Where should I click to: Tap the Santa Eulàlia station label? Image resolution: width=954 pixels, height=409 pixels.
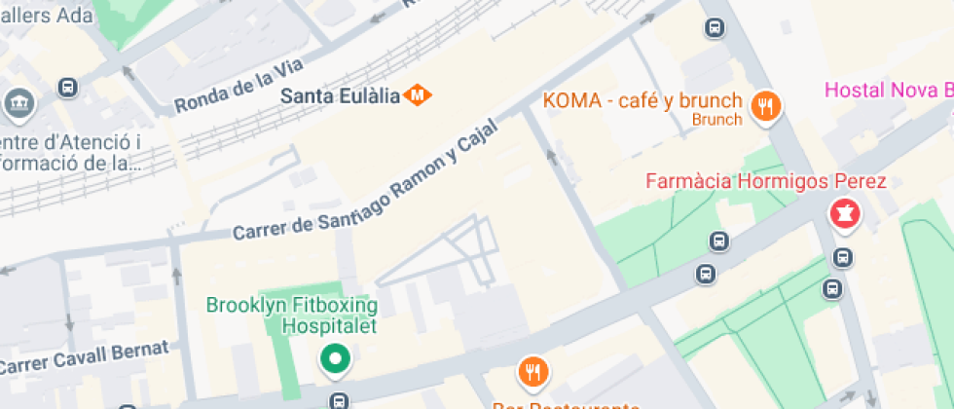pyautogui.click(x=341, y=95)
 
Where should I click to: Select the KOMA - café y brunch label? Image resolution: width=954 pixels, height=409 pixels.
pyautogui.click(x=642, y=100)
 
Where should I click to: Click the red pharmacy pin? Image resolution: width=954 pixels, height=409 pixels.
pyautogui.click(x=843, y=213)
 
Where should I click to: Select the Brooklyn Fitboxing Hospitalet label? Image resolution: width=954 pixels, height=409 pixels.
pyautogui.click(x=291, y=316)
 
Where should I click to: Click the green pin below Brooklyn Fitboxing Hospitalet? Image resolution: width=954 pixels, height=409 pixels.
pyautogui.click(x=336, y=360)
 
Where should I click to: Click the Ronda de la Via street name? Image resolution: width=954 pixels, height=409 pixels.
pyautogui.click(x=239, y=85)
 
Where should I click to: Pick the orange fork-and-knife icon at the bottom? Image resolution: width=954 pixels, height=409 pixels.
pyautogui.click(x=533, y=371)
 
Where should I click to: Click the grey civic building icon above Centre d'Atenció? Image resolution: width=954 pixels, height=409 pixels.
pyautogui.click(x=18, y=101)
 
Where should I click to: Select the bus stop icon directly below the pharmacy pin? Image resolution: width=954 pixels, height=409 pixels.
pyautogui.click(x=843, y=258)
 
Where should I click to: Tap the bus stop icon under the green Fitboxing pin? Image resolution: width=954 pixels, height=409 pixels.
pyautogui.click(x=338, y=400)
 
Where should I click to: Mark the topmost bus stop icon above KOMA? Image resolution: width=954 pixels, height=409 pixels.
pyautogui.click(x=715, y=28)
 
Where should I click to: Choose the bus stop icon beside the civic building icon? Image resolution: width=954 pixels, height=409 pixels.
pyautogui.click(x=68, y=88)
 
